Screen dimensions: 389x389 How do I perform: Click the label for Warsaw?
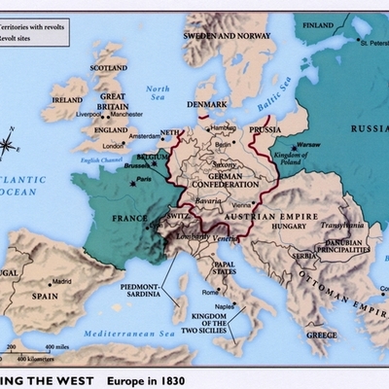309,144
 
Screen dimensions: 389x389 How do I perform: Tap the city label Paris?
144,179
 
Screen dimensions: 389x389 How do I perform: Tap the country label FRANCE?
128,218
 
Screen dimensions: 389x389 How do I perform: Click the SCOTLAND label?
108,68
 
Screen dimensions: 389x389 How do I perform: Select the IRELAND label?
67,99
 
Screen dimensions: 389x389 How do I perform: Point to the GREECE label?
322,335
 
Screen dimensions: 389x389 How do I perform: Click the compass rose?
9,147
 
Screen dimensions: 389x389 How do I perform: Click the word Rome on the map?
210,292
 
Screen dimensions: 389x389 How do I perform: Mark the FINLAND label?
319,24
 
